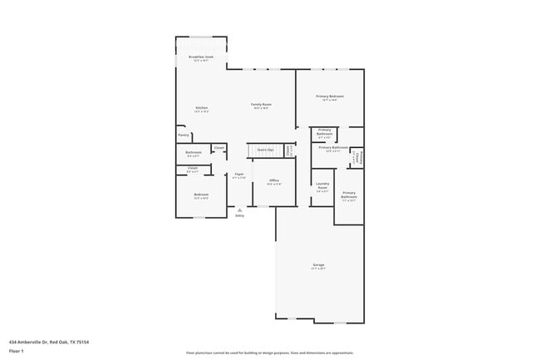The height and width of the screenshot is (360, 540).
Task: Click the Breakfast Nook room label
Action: tap(202, 58)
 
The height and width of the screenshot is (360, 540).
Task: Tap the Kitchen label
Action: tap(201, 109)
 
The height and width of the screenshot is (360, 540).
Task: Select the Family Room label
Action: tap(262, 106)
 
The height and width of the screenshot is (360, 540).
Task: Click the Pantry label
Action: tap(184, 135)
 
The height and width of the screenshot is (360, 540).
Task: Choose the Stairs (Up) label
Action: tap(266, 150)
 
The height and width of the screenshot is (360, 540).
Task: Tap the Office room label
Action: tap(273, 181)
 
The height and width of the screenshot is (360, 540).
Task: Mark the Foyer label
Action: tap(239, 175)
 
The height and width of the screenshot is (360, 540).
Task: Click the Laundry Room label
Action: tap(322, 188)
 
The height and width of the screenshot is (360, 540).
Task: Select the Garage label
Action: tap(319, 266)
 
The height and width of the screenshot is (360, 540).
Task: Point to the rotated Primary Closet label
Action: tap(356, 157)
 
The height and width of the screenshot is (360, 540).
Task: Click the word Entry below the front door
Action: tap(239, 216)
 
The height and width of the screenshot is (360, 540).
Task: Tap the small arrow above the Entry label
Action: tap(239, 210)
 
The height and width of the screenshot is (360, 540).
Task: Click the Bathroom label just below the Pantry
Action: tap(194, 153)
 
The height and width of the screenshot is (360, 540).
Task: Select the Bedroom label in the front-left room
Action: tap(200, 195)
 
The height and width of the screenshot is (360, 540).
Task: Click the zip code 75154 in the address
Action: tap(81, 341)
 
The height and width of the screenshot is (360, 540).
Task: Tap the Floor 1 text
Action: tap(17, 350)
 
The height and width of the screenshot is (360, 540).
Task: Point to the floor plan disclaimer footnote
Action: tap(269, 353)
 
